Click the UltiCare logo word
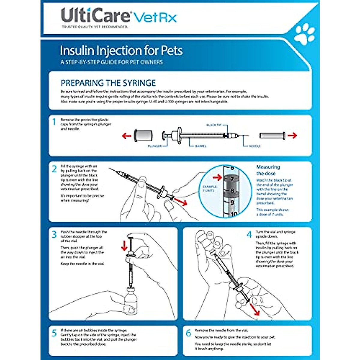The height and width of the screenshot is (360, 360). [95, 15]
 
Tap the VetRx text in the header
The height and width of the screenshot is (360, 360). [155, 17]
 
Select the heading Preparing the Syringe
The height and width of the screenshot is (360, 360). [108, 83]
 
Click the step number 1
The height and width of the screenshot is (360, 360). [54, 122]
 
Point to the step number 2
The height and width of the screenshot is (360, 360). [54, 169]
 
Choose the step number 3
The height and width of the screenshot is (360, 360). [54, 234]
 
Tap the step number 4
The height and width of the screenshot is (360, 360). [249, 234]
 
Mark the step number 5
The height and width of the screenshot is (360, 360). [54, 333]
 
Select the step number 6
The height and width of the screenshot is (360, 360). [188, 333]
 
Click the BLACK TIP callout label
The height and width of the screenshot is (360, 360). [214, 125]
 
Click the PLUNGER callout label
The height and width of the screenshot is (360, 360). [154, 146]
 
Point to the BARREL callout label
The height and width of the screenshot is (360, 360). [200, 146]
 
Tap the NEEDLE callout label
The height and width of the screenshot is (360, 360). [255, 146]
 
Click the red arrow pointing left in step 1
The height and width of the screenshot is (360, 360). [127, 136]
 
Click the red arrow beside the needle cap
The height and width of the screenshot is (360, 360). [292, 136]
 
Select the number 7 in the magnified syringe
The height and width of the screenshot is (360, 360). [232, 179]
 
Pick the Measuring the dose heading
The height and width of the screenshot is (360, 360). [268, 170]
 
